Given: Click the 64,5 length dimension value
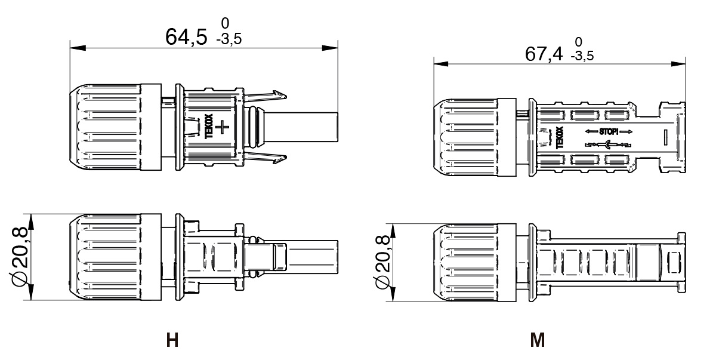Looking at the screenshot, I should [x=186, y=37].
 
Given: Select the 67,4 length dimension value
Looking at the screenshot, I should [x=544, y=54].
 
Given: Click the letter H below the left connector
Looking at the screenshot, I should [x=172, y=341].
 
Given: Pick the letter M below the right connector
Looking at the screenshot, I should [x=537, y=341].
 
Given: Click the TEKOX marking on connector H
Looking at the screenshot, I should [x=209, y=127].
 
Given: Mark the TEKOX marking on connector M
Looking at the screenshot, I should [x=559, y=138].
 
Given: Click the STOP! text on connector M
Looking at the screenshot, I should [x=608, y=131].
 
